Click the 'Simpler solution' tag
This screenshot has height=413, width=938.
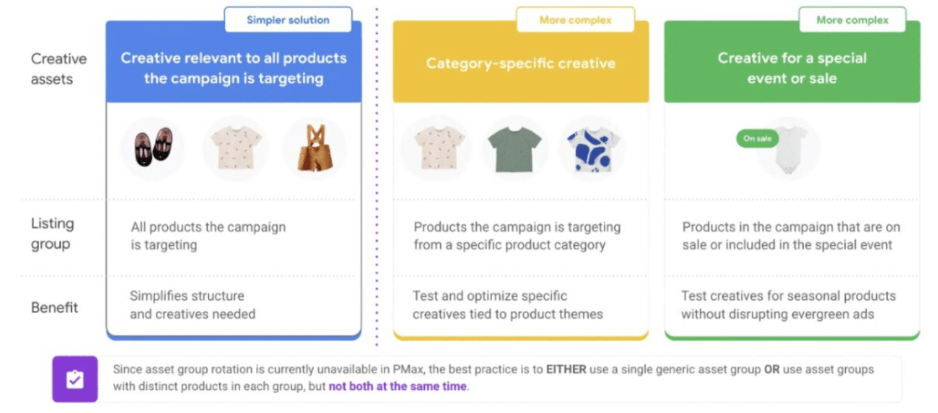(x=288, y=20)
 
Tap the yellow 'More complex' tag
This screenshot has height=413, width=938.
(x=576, y=20)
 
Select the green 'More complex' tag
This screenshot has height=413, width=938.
(x=852, y=20)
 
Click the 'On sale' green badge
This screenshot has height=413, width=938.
(x=757, y=139)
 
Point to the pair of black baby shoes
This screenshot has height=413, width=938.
(x=153, y=146)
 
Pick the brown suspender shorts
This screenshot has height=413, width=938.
(x=315, y=148)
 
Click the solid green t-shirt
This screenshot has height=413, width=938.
(x=515, y=150)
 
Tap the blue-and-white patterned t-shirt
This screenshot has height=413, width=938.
(x=593, y=150)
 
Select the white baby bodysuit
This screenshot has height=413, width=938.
(x=790, y=150)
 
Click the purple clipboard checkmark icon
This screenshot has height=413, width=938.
(x=75, y=379)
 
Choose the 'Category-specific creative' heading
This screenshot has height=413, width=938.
(x=521, y=63)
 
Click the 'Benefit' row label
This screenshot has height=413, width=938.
(x=55, y=308)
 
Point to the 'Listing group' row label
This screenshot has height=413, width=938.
(x=52, y=234)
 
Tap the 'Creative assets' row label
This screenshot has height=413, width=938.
(x=59, y=68)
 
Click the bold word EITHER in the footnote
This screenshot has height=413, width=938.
(x=566, y=369)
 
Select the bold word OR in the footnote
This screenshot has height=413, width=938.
(x=772, y=369)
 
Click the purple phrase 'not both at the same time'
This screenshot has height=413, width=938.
(x=397, y=386)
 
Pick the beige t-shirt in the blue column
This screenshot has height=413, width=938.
(x=236, y=148)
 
